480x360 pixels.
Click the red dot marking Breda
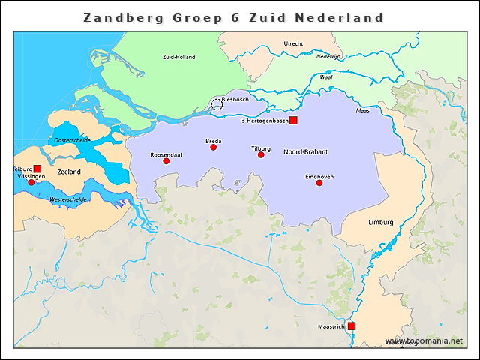[214, 148]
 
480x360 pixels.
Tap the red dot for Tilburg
[261, 155]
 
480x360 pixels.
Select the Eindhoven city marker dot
[319, 183]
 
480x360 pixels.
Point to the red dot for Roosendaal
[166, 161]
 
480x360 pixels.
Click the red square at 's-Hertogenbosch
[294, 121]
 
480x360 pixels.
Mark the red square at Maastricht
[352, 326]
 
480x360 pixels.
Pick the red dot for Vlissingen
[31, 182]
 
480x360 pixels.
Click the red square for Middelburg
[37, 169]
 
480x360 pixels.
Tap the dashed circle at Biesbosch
[217, 104]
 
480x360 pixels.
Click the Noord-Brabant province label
[305, 152]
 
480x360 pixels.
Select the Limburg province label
[380, 223]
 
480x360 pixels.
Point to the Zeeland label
[68, 172]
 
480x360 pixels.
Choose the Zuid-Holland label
[178, 57]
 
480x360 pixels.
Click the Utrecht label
[293, 44]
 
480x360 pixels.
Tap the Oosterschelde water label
[73, 140]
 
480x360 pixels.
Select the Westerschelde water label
[66, 200]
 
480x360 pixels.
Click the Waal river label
[326, 76]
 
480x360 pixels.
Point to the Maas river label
[362, 111]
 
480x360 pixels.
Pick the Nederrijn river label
[328, 56]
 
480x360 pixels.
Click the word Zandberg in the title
[119, 17]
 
